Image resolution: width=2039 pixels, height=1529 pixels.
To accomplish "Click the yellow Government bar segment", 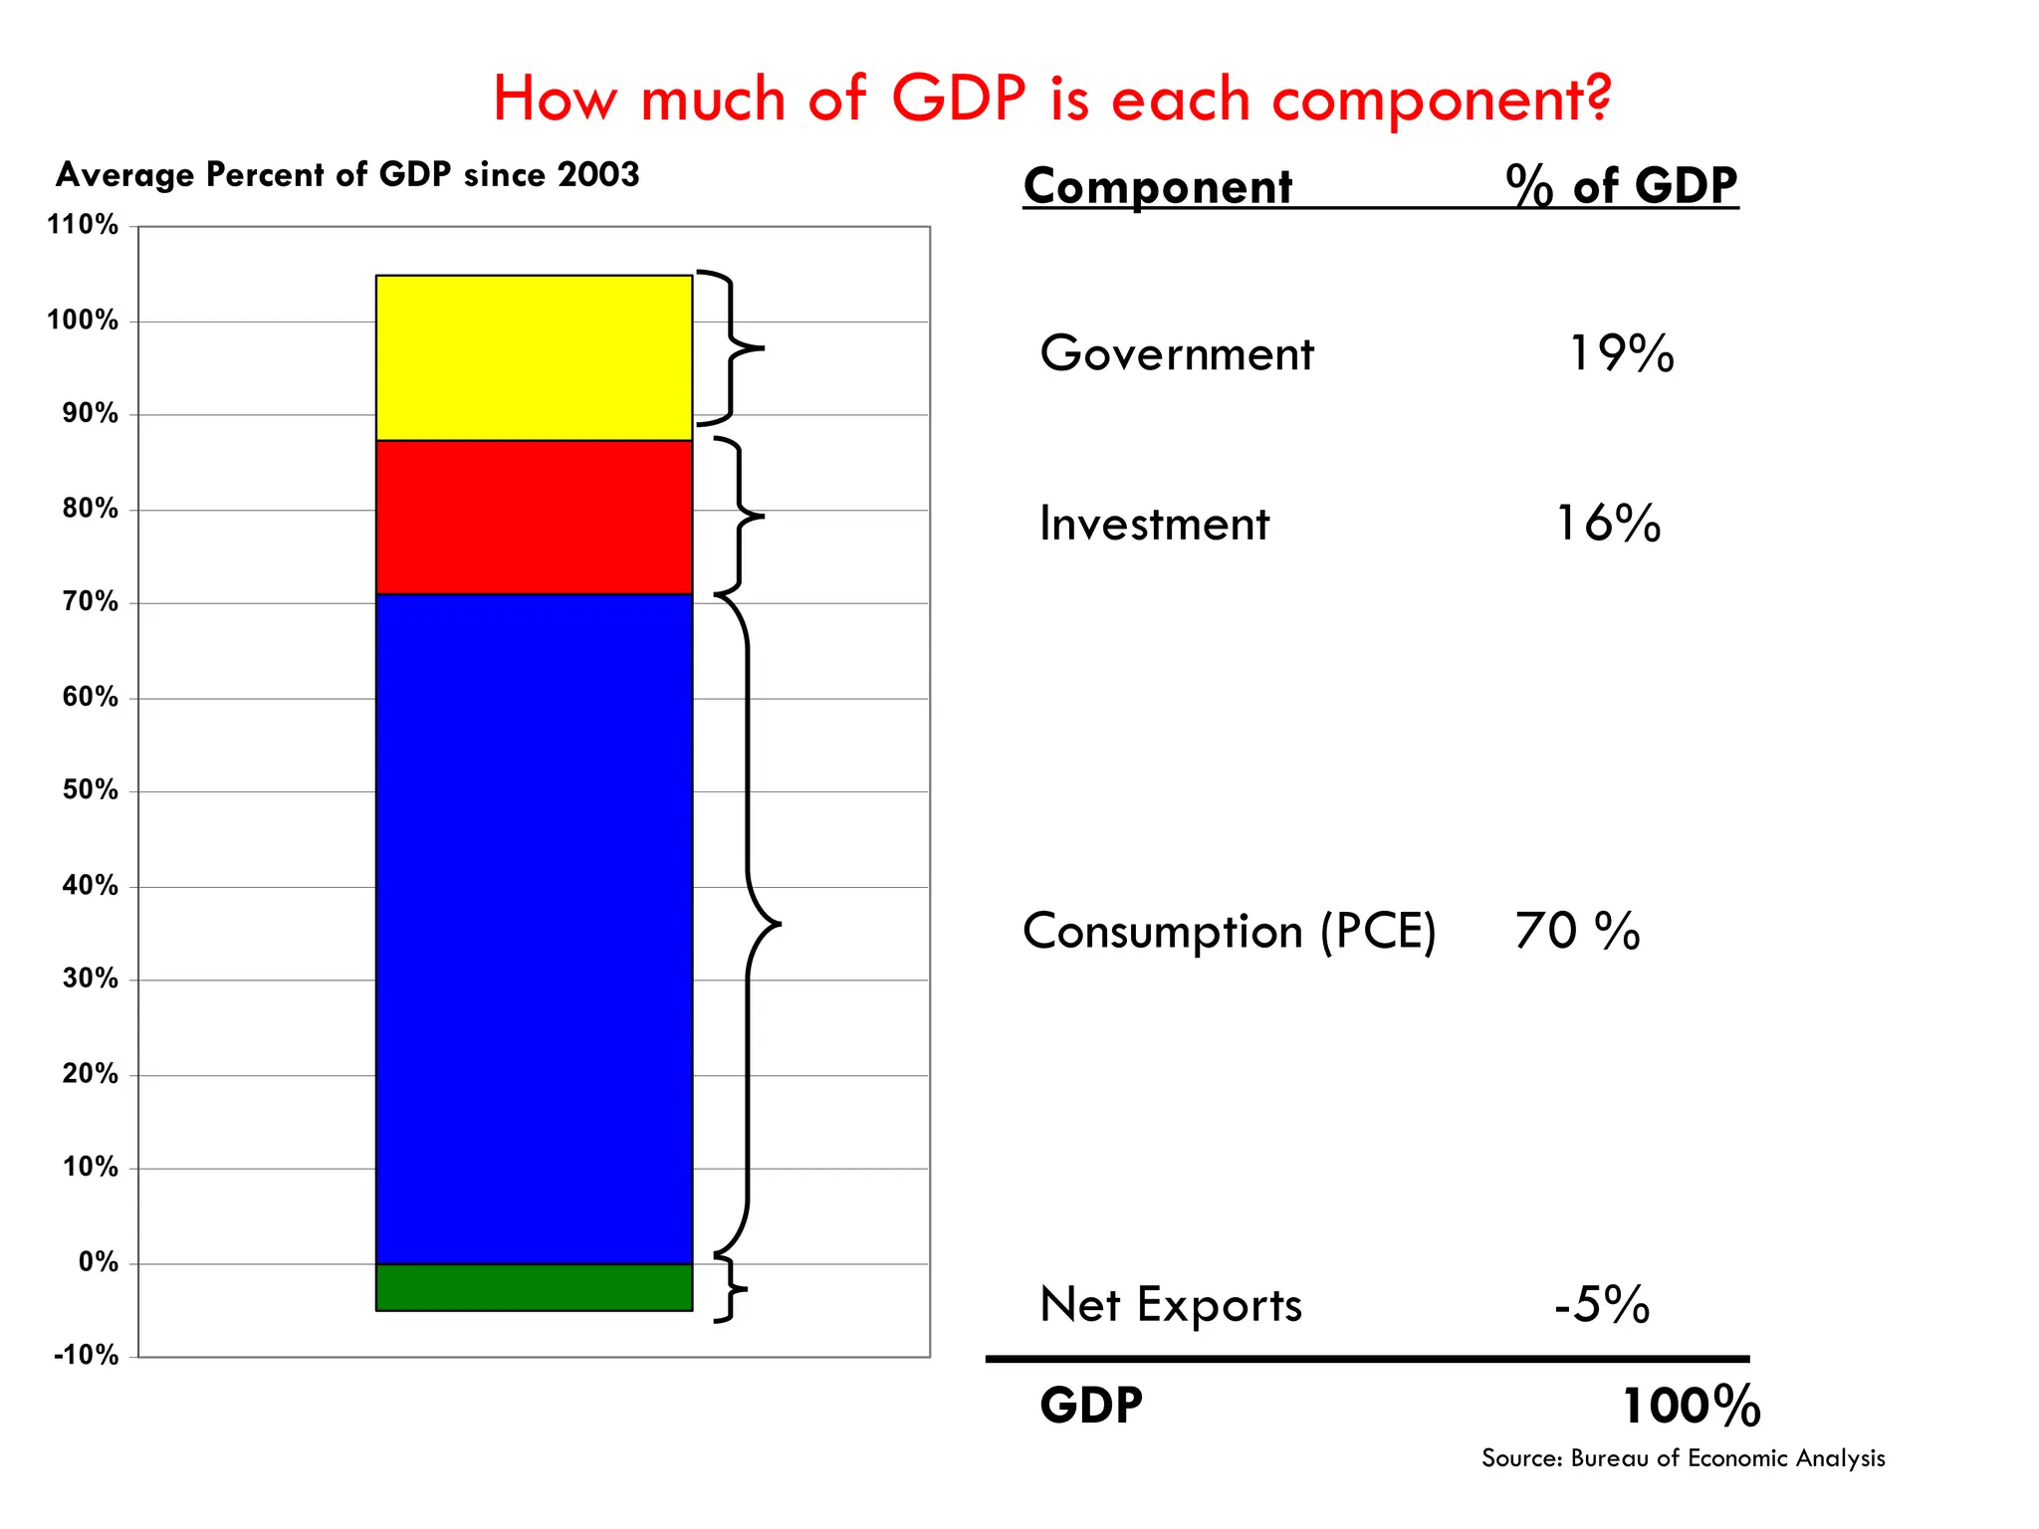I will [534, 357].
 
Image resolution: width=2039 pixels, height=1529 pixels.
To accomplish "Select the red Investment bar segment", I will [534, 517].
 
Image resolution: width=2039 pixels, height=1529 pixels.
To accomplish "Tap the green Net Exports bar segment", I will [534, 1287].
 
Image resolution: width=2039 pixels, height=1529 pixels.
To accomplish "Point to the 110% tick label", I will [83, 225].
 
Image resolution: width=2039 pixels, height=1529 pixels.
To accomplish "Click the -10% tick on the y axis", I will [87, 1355].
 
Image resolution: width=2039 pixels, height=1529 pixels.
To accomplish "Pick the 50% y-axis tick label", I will [90, 790].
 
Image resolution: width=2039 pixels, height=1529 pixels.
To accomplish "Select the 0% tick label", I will [98, 1262].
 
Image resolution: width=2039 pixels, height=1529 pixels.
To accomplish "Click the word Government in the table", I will [1176, 353].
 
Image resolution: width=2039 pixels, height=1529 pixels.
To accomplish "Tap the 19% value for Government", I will [1621, 353].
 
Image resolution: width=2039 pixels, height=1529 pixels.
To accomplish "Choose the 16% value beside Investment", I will [1608, 523].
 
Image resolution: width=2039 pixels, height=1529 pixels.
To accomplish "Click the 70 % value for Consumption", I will [1577, 932].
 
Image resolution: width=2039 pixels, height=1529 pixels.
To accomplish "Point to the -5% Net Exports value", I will [1602, 1304].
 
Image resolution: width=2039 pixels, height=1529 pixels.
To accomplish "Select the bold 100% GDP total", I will [1691, 1407].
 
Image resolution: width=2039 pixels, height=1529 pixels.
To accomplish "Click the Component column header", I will [1158, 186].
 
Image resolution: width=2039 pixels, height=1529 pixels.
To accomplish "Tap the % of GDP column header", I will [1621, 185].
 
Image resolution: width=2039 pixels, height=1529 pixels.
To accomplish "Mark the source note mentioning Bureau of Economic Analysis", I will [1683, 1458].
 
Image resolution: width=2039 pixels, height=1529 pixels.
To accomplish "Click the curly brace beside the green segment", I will [732, 1290].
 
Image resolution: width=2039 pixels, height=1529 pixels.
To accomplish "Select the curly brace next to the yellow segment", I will [732, 348].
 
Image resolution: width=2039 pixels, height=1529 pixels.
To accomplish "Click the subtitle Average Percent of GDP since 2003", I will [347, 175].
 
